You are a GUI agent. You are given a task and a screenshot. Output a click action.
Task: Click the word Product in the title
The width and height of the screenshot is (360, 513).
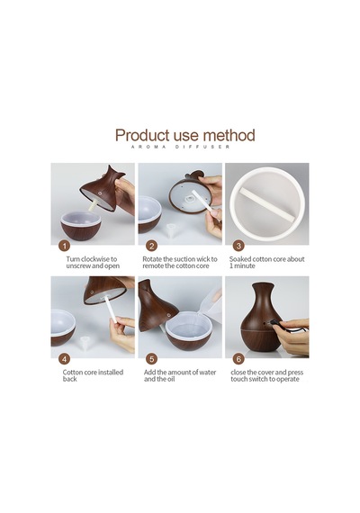coord(142,135)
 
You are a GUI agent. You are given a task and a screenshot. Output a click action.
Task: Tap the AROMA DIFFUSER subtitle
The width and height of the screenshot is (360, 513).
coord(180,147)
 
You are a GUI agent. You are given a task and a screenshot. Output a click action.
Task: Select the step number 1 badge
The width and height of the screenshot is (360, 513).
coord(65,246)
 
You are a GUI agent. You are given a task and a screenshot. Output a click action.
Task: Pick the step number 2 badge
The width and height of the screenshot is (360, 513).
coord(151,246)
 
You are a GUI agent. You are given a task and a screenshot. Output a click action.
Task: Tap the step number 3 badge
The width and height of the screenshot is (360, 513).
coord(238,246)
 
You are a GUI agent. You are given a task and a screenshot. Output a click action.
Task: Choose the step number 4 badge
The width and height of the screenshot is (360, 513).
coord(65,359)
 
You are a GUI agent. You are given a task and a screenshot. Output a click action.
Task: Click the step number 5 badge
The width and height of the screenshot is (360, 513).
coord(151,359)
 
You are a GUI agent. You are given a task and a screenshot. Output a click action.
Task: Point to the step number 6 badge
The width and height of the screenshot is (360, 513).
coord(238,359)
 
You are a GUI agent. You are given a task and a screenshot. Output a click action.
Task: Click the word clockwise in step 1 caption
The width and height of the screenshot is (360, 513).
coord(95,259)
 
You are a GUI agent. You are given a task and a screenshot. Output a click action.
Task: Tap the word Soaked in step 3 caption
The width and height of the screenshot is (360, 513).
coord(240,259)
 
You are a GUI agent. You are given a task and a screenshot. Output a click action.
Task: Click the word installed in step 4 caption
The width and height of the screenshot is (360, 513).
coord(111,373)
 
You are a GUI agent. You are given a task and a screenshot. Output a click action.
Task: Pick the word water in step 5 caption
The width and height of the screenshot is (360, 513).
coord(208,373)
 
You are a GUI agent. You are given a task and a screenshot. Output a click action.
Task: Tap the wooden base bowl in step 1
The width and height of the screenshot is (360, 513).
coord(81,227)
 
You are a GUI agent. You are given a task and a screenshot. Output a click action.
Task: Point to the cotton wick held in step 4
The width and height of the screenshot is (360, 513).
coord(109,310)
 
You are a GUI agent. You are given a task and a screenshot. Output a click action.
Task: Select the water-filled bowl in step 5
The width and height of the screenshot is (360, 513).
coord(188,330)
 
